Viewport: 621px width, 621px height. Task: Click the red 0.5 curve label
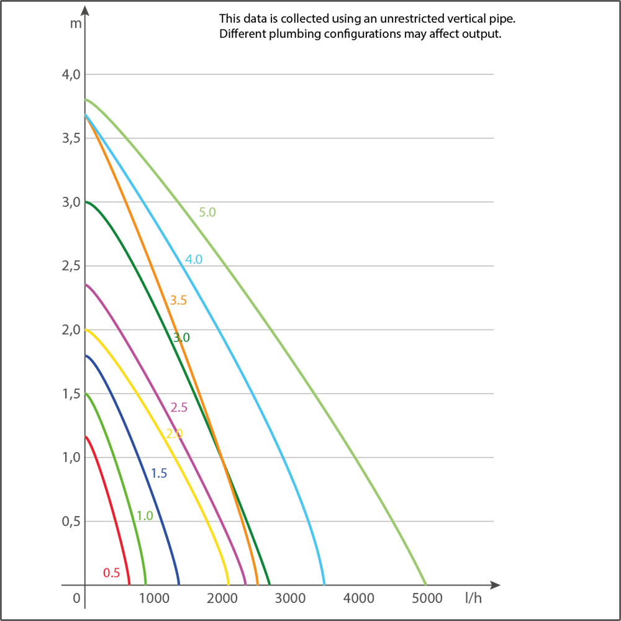click(x=112, y=573)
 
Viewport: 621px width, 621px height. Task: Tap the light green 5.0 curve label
click(x=207, y=212)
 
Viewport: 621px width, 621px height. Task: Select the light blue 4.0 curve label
click(x=194, y=260)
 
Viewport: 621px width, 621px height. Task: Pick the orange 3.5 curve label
click(x=178, y=301)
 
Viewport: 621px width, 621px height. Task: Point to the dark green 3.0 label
click(x=181, y=338)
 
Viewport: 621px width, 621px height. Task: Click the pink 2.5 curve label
click(x=179, y=408)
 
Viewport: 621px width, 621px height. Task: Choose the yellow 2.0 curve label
click(x=175, y=433)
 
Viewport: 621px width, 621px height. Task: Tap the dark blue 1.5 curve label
click(x=159, y=474)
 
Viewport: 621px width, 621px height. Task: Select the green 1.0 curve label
click(x=145, y=515)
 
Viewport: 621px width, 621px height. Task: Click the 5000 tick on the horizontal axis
click(x=427, y=599)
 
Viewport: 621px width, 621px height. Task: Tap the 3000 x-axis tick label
click(x=290, y=599)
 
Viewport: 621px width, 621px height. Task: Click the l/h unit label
click(x=473, y=599)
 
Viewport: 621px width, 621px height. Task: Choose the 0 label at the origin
click(x=77, y=599)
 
